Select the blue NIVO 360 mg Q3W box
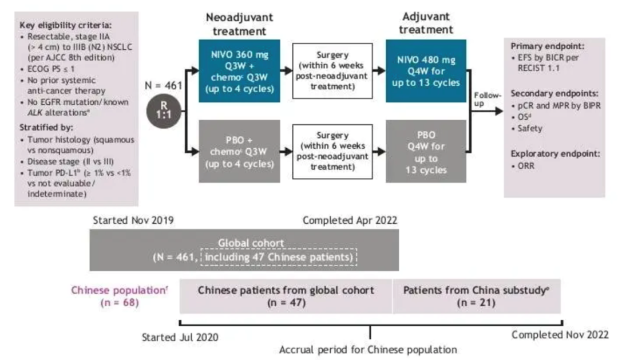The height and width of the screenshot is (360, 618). point(239,71)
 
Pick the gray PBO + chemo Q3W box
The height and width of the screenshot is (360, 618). point(239,151)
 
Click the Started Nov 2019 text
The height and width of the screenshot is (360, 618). point(133,220)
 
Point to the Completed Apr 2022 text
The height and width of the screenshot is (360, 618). point(350,220)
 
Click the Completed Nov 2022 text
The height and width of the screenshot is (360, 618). point(560,334)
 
